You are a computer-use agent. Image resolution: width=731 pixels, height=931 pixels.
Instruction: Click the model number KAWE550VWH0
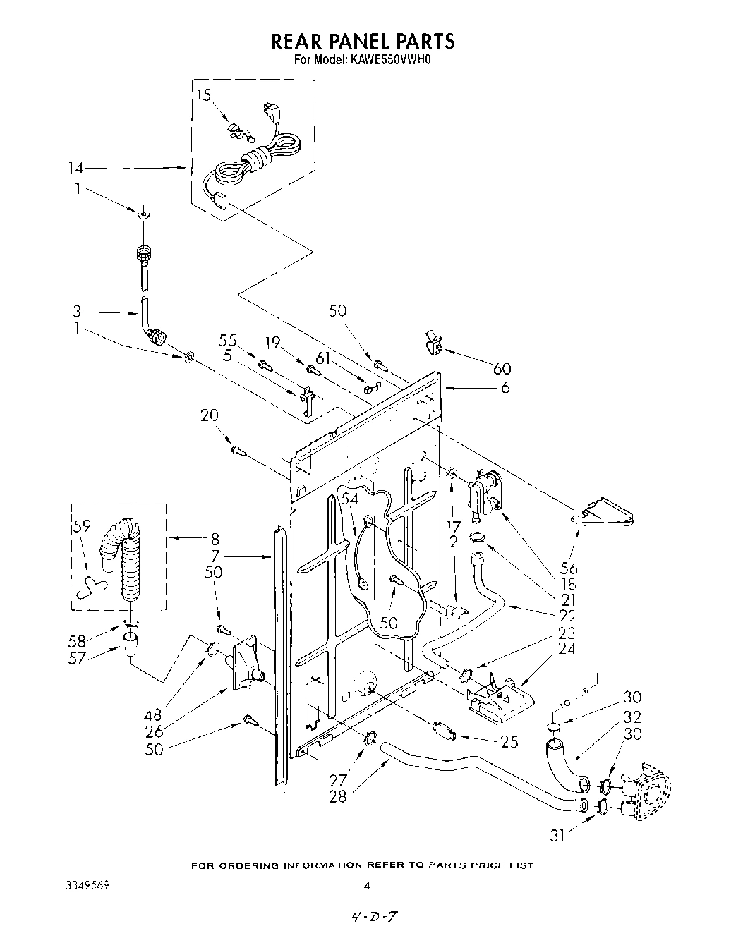pyautogui.click(x=389, y=61)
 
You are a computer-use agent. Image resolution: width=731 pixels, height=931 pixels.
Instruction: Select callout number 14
pyautogui.click(x=75, y=168)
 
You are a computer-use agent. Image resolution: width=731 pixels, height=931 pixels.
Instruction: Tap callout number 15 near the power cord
pyautogui.click(x=203, y=96)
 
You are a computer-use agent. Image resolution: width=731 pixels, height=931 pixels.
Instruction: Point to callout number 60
pyautogui.click(x=502, y=368)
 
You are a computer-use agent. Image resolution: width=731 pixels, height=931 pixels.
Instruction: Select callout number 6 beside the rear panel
pyautogui.click(x=505, y=387)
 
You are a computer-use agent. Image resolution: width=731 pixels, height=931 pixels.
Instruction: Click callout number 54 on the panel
pyautogui.click(x=349, y=499)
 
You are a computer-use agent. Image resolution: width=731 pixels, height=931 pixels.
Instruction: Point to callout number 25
pyautogui.click(x=509, y=741)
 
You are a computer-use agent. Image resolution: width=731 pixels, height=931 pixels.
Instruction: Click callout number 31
pyautogui.click(x=558, y=836)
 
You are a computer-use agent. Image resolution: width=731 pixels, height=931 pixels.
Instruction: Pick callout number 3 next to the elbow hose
pyautogui.click(x=77, y=310)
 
